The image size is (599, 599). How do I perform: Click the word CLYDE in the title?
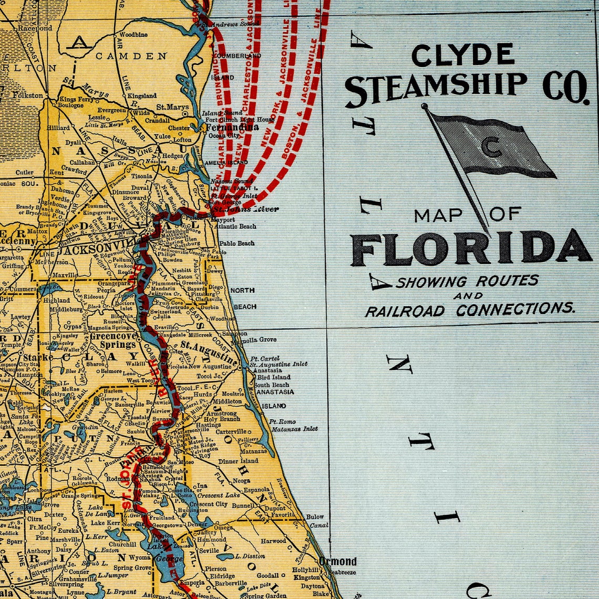(462, 54)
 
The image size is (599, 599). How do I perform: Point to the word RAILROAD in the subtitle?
(405, 311)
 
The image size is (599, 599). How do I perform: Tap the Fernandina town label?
(232, 127)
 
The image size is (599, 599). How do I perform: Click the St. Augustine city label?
(209, 349)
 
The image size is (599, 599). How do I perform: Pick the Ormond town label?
(337, 561)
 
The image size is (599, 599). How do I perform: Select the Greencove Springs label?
(114, 340)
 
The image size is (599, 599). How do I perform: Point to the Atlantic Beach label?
(233, 226)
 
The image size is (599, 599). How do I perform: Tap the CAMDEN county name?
(131, 56)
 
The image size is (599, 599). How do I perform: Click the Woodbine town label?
(133, 35)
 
